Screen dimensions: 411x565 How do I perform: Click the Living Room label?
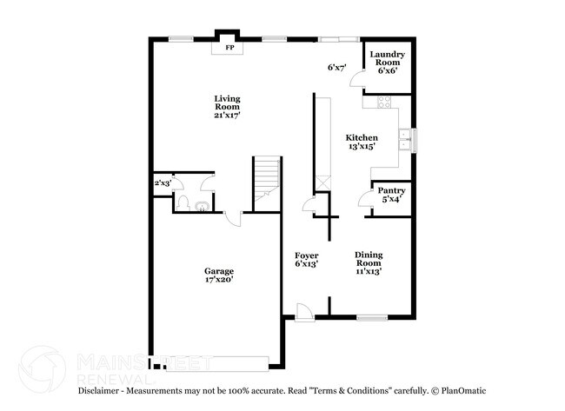pos(228,106)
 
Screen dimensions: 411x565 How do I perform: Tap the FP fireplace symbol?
pos(230,48)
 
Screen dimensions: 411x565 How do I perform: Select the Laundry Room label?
pos(386,62)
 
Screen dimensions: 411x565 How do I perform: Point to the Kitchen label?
pos(362,143)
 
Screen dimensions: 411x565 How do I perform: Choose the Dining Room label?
pos(369,262)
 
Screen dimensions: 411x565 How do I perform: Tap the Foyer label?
pos(306,259)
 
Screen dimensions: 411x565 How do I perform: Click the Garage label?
pos(219,275)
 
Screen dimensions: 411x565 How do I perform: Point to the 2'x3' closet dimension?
pos(163,183)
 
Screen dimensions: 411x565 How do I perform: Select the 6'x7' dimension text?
pos(337,68)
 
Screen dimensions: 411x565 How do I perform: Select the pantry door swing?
pos(366,198)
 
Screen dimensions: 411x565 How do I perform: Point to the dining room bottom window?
pos(372,317)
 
